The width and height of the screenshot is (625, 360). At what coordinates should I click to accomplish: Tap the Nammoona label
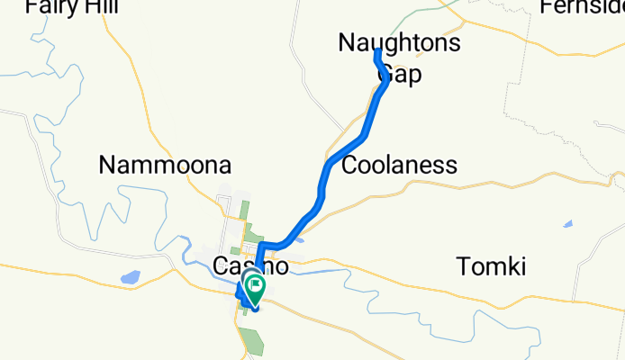point(165,166)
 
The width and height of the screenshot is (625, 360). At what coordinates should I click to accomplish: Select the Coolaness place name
point(400,166)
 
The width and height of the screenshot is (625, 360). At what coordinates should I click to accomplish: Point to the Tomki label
point(490,266)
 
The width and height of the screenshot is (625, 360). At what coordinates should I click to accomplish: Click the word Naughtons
point(399,42)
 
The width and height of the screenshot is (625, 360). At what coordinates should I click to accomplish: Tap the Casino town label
point(251,266)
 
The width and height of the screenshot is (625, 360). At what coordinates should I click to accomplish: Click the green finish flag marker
point(256,289)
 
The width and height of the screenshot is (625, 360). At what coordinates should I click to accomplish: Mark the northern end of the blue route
point(376,53)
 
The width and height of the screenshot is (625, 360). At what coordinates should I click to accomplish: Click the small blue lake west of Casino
point(130,278)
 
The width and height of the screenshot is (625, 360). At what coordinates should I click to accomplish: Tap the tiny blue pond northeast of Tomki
point(567,224)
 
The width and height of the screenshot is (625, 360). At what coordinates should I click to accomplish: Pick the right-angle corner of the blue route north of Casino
point(259,245)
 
